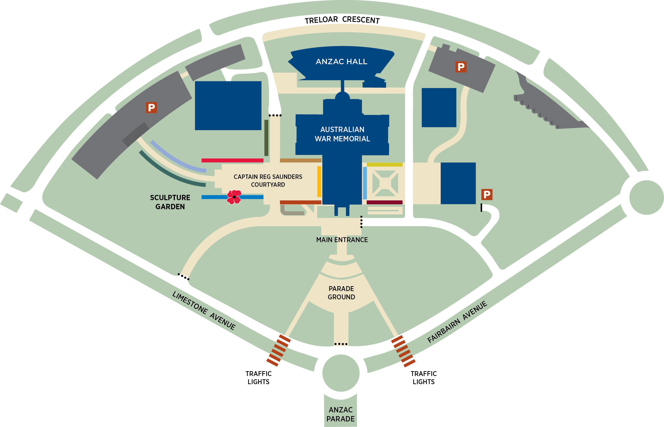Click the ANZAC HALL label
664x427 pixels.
(341, 62)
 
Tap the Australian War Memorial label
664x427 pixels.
(342, 134)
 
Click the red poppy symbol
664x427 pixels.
(234, 197)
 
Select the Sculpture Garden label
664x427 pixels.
(170, 202)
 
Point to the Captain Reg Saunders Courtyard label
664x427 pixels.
(268, 181)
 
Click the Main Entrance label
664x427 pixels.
(342, 240)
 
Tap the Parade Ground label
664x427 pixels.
(341, 293)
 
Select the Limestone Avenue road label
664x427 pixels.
(204, 310)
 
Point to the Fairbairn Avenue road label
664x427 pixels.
(457, 322)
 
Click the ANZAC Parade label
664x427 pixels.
(340, 414)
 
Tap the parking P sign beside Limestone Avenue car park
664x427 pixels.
(151, 108)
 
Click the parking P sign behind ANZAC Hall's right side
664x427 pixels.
(461, 67)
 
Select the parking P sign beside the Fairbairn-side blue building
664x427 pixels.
(487, 195)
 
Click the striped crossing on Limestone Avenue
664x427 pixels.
(278, 351)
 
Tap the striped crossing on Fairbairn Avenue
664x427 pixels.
(403, 351)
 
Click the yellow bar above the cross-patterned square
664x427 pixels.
(385, 165)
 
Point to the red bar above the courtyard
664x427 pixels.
(232, 161)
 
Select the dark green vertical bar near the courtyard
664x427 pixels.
(266, 138)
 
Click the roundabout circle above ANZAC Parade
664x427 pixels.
(341, 373)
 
